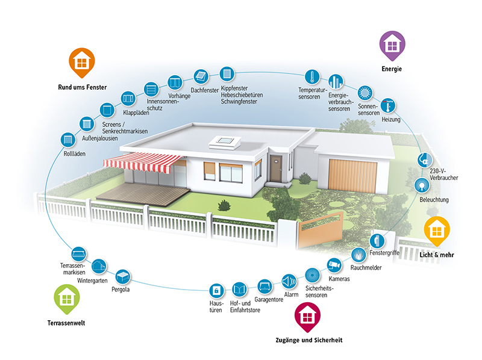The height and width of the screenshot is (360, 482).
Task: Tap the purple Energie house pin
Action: pos(392,45)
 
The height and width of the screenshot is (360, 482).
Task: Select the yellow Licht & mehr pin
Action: pos(437,229)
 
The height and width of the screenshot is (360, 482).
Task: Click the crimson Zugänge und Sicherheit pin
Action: pos(307,316)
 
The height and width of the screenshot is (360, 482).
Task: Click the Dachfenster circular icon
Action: pos(201,76)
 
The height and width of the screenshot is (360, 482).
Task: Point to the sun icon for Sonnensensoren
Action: pos(365,93)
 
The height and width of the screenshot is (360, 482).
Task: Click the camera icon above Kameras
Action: pos(334,264)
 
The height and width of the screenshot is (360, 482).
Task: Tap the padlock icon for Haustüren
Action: pos(216,290)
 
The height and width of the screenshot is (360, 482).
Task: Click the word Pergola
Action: pos(120,290)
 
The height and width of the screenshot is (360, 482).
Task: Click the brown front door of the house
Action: pos(276,168)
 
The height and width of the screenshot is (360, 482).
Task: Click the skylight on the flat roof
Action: pos(223,141)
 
